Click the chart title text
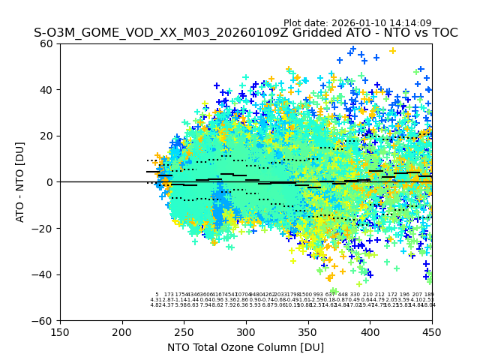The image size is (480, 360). [245, 33]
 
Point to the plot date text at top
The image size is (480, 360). [357, 23]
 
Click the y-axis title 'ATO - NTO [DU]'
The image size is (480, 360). [21, 181]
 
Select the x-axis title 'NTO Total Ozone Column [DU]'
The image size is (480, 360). [245, 347]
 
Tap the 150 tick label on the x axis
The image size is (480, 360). [60, 332]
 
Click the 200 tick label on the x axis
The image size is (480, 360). [122, 332]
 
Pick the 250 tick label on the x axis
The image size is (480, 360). [184, 332]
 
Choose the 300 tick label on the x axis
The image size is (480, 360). [246, 332]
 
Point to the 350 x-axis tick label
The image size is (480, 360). [307, 332]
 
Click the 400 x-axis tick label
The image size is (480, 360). [370, 332]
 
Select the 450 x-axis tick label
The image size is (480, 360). [431, 332]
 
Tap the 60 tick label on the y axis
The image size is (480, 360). [47, 43]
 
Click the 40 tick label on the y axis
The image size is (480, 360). [47, 90]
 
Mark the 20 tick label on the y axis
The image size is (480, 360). [47, 136]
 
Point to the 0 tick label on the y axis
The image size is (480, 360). [50, 182]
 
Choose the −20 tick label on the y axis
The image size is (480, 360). [44, 229]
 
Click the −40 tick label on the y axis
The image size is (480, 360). [44, 274]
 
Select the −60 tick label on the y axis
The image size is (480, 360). [44, 321]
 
